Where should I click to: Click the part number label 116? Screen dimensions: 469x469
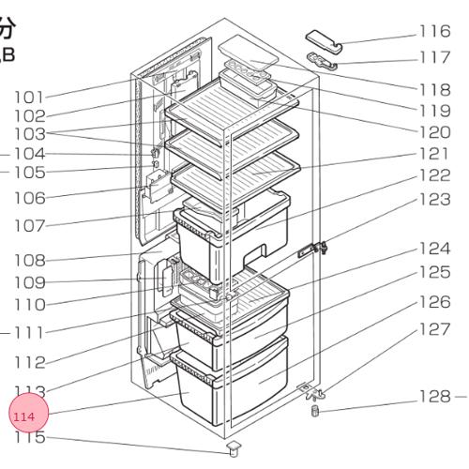tap(434, 32)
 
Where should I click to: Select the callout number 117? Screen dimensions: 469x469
tap(434, 57)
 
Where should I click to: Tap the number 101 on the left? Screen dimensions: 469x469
tap(29, 97)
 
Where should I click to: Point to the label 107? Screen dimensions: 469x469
tap(29, 226)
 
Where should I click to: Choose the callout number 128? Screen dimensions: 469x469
tap(434, 397)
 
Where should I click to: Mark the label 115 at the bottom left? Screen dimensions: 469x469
tap(29, 437)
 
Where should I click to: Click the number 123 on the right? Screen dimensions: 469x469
tap(434, 199)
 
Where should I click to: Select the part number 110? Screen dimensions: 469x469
tap(29, 305)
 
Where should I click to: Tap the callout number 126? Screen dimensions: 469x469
tap(434, 301)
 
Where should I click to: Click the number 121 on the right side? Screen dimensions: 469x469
tap(434, 153)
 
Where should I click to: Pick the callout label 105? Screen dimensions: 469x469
tap(29, 173)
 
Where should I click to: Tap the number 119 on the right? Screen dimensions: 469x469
tap(434, 110)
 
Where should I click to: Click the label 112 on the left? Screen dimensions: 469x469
tap(29, 363)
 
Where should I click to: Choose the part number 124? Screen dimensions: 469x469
tap(434, 249)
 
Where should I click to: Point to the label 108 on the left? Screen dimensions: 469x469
tap(29, 260)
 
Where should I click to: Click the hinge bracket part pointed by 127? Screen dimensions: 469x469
tap(310, 388)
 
